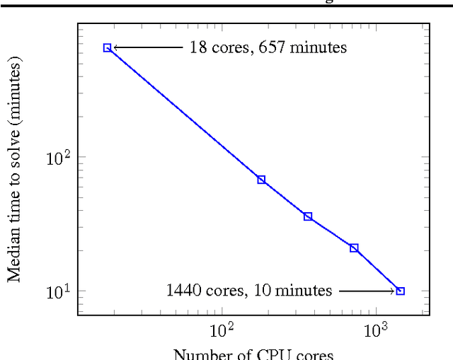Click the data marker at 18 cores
pyautogui.click(x=108, y=47)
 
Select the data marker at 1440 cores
pyautogui.click(x=401, y=291)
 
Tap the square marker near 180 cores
pyautogui.click(x=261, y=180)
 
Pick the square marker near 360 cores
pyautogui.click(x=308, y=216)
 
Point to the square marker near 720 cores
pyautogui.click(x=354, y=248)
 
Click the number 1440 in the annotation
pyautogui.click(x=183, y=291)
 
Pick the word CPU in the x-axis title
pyautogui.click(x=276, y=354)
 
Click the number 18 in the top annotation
pyautogui.click(x=197, y=47)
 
